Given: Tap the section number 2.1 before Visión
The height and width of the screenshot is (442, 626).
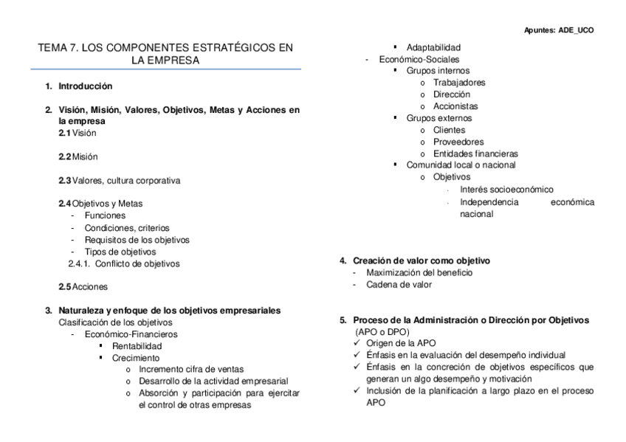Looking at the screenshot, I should [65, 133].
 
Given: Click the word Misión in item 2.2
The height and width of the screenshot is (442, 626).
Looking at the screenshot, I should [85, 156].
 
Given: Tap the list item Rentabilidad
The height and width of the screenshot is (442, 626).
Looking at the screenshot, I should [137, 345].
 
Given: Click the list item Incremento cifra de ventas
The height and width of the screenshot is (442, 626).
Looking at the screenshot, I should [191, 369].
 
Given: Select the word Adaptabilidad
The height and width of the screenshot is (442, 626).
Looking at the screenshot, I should [433, 47].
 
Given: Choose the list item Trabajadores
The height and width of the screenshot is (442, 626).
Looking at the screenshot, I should [459, 83].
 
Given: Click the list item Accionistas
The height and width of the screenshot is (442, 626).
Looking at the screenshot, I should [456, 106].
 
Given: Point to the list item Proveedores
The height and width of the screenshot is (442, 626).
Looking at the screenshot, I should [458, 142].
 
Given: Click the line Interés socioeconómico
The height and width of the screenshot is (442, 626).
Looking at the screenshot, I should [506, 190].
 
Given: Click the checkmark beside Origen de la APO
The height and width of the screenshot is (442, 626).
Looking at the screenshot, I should [357, 343].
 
